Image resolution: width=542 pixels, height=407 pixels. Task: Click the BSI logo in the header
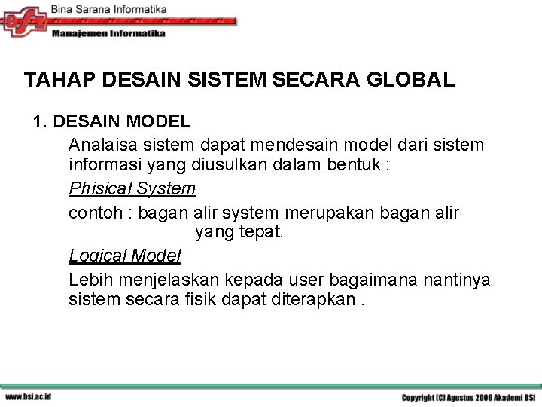click(25, 20)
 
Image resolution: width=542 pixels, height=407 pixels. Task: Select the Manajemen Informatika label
click(108, 34)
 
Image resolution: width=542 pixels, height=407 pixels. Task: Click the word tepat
click(260, 232)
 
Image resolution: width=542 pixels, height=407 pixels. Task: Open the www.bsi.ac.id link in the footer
click(28, 397)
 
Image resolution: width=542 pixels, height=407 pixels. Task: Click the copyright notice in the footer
click(468, 397)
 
